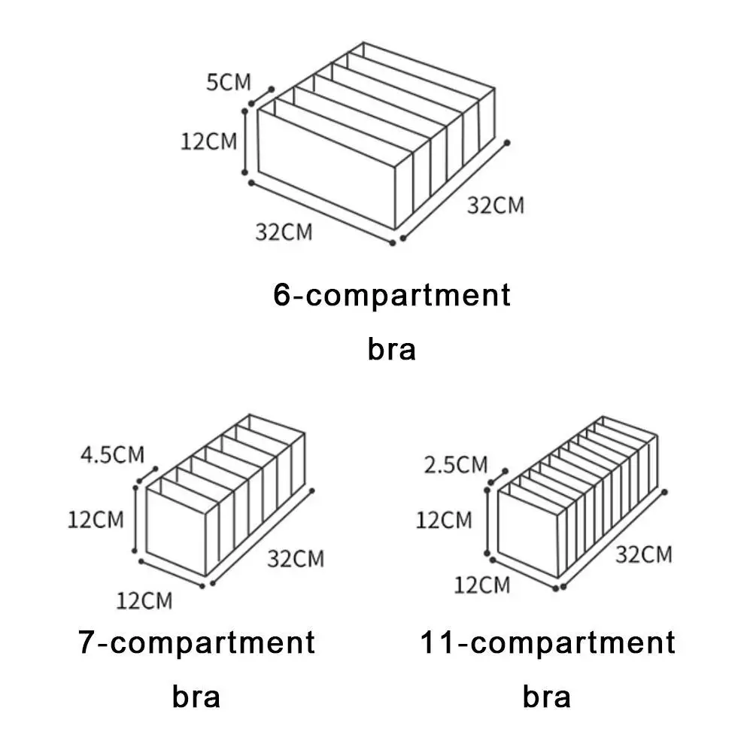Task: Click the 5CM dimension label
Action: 229,82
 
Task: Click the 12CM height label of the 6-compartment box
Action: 208,141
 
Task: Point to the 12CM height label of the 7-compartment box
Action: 96,519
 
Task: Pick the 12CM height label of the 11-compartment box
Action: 445,519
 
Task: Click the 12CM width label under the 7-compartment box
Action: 144,600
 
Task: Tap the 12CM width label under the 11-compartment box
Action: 481,584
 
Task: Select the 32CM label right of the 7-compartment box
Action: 296,558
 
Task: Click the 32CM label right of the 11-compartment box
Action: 644,554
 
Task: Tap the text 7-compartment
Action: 196,643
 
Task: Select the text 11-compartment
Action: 548,643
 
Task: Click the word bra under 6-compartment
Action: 391,350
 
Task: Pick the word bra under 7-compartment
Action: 196,697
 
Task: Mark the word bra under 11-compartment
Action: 547,697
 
